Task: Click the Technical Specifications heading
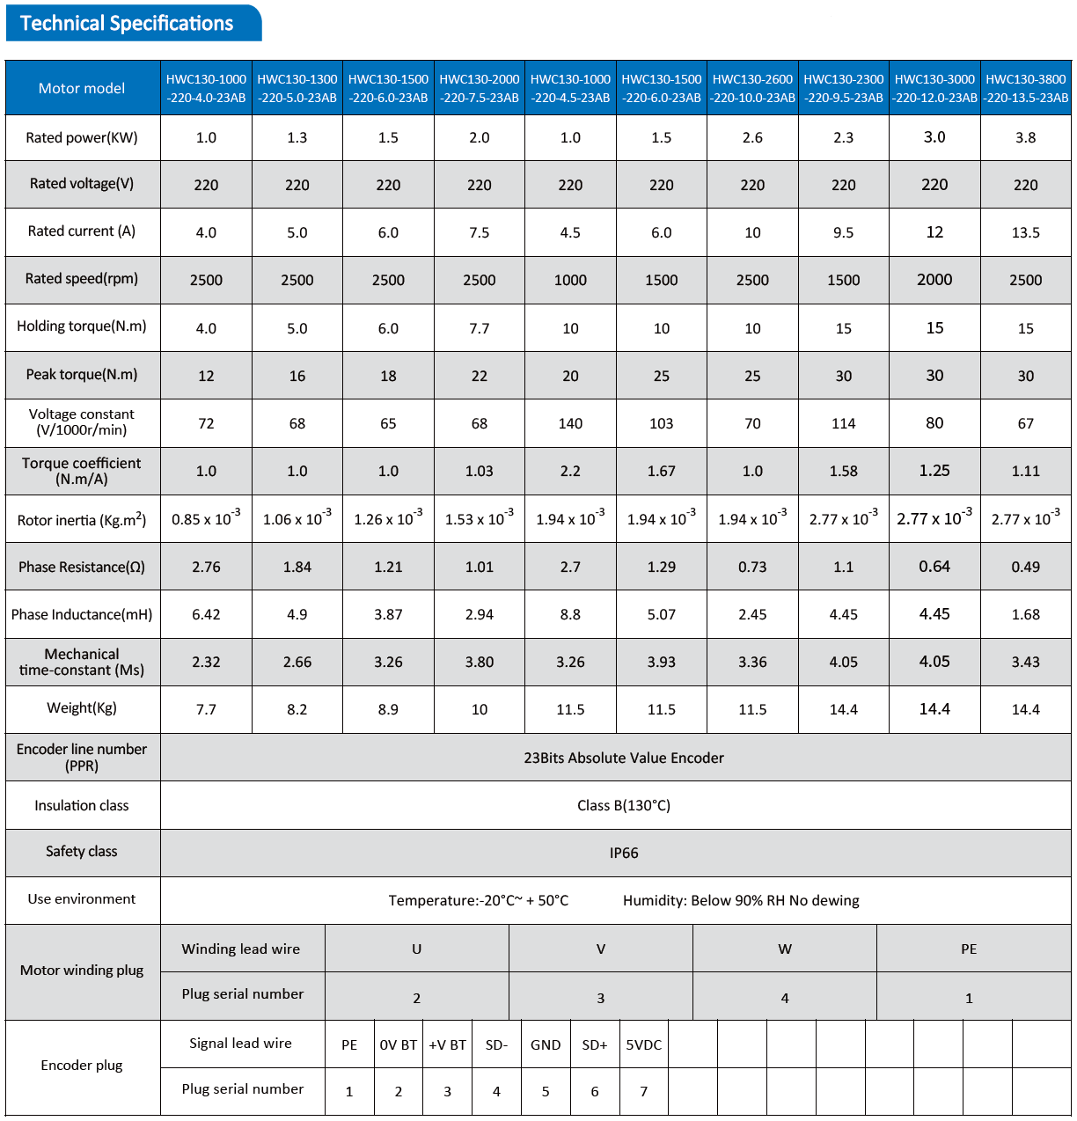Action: (x=127, y=23)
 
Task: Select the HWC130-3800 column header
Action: (x=1026, y=88)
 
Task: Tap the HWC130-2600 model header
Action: (x=752, y=88)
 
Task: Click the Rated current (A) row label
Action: (x=82, y=231)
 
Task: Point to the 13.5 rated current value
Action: (x=1026, y=232)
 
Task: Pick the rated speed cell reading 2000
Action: (x=934, y=280)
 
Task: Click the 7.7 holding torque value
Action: (x=480, y=328)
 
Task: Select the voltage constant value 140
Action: (x=570, y=423)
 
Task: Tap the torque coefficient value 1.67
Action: (x=661, y=471)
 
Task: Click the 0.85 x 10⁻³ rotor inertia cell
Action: (x=206, y=517)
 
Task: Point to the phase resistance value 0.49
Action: (x=1026, y=567)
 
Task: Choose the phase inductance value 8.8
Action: (x=570, y=614)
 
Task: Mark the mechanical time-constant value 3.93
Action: (x=661, y=662)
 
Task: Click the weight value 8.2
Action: (x=297, y=709)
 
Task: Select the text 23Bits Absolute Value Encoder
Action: (x=624, y=758)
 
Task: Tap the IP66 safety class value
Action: (x=624, y=853)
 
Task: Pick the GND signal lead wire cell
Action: (x=546, y=1045)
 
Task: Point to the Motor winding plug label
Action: (x=82, y=970)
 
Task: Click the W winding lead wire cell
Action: (x=784, y=949)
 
